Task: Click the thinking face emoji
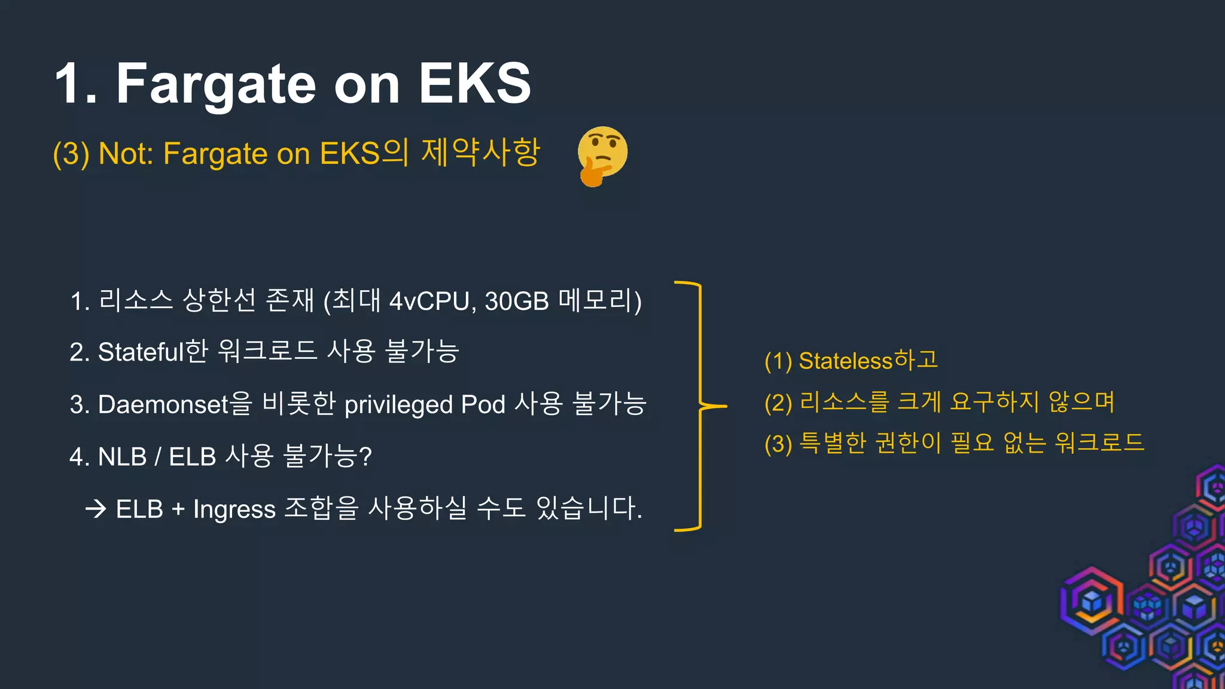coord(602,155)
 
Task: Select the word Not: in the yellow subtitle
coord(126,154)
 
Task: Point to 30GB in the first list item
coord(517,301)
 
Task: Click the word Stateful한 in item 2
coord(153,352)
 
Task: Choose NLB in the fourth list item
coord(122,457)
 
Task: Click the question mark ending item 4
coord(365,457)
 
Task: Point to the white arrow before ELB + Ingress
coord(96,510)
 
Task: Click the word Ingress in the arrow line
coord(234,510)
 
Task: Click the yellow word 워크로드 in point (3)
coord(1099,443)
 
